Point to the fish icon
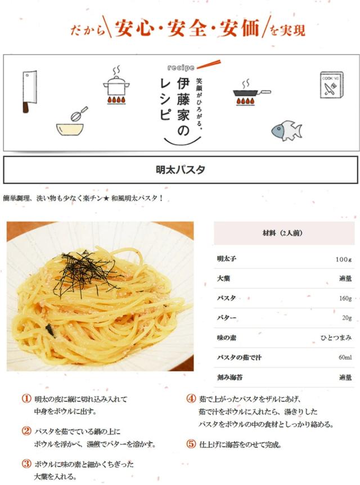click(x=286, y=130)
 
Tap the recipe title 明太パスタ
click(x=180, y=169)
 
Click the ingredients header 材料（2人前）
click(x=283, y=232)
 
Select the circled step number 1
click(x=26, y=398)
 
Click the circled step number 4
click(x=191, y=398)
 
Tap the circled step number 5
click(x=191, y=443)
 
